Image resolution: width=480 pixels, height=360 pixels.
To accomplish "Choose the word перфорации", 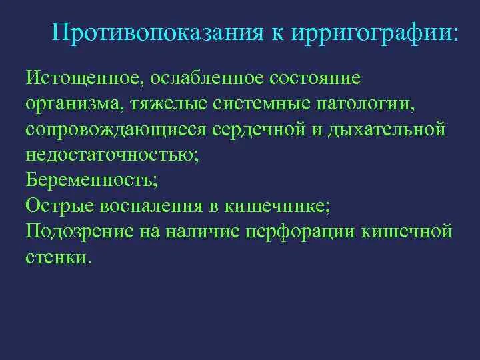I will click(x=301, y=231).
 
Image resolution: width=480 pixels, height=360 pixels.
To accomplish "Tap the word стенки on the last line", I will click(x=65, y=257).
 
